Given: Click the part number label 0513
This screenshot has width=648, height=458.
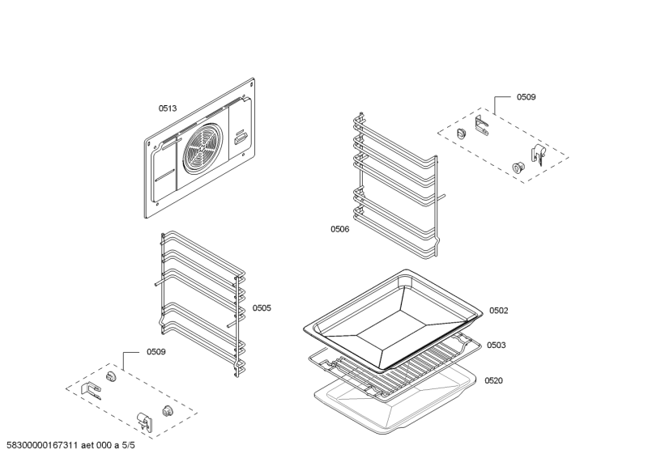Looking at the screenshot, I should pyautogui.click(x=167, y=108).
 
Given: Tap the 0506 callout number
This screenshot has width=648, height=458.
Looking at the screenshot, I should pyautogui.click(x=339, y=229).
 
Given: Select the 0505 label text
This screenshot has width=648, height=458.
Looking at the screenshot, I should pyautogui.click(x=262, y=308).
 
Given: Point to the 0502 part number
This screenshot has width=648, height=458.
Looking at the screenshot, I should pyautogui.click(x=498, y=311).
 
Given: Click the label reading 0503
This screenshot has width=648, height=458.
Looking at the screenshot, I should pyautogui.click(x=497, y=346).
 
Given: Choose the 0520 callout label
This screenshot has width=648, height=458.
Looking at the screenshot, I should pyautogui.click(x=494, y=380).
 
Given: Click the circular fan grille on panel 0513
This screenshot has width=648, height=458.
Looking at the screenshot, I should pyautogui.click(x=203, y=151).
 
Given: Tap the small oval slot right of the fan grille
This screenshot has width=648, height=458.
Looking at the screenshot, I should pyautogui.click(x=241, y=139).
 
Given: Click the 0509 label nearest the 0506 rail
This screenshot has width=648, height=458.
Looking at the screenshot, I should pyautogui.click(x=526, y=97).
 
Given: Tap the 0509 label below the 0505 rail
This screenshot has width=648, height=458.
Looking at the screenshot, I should pyautogui.click(x=156, y=352).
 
